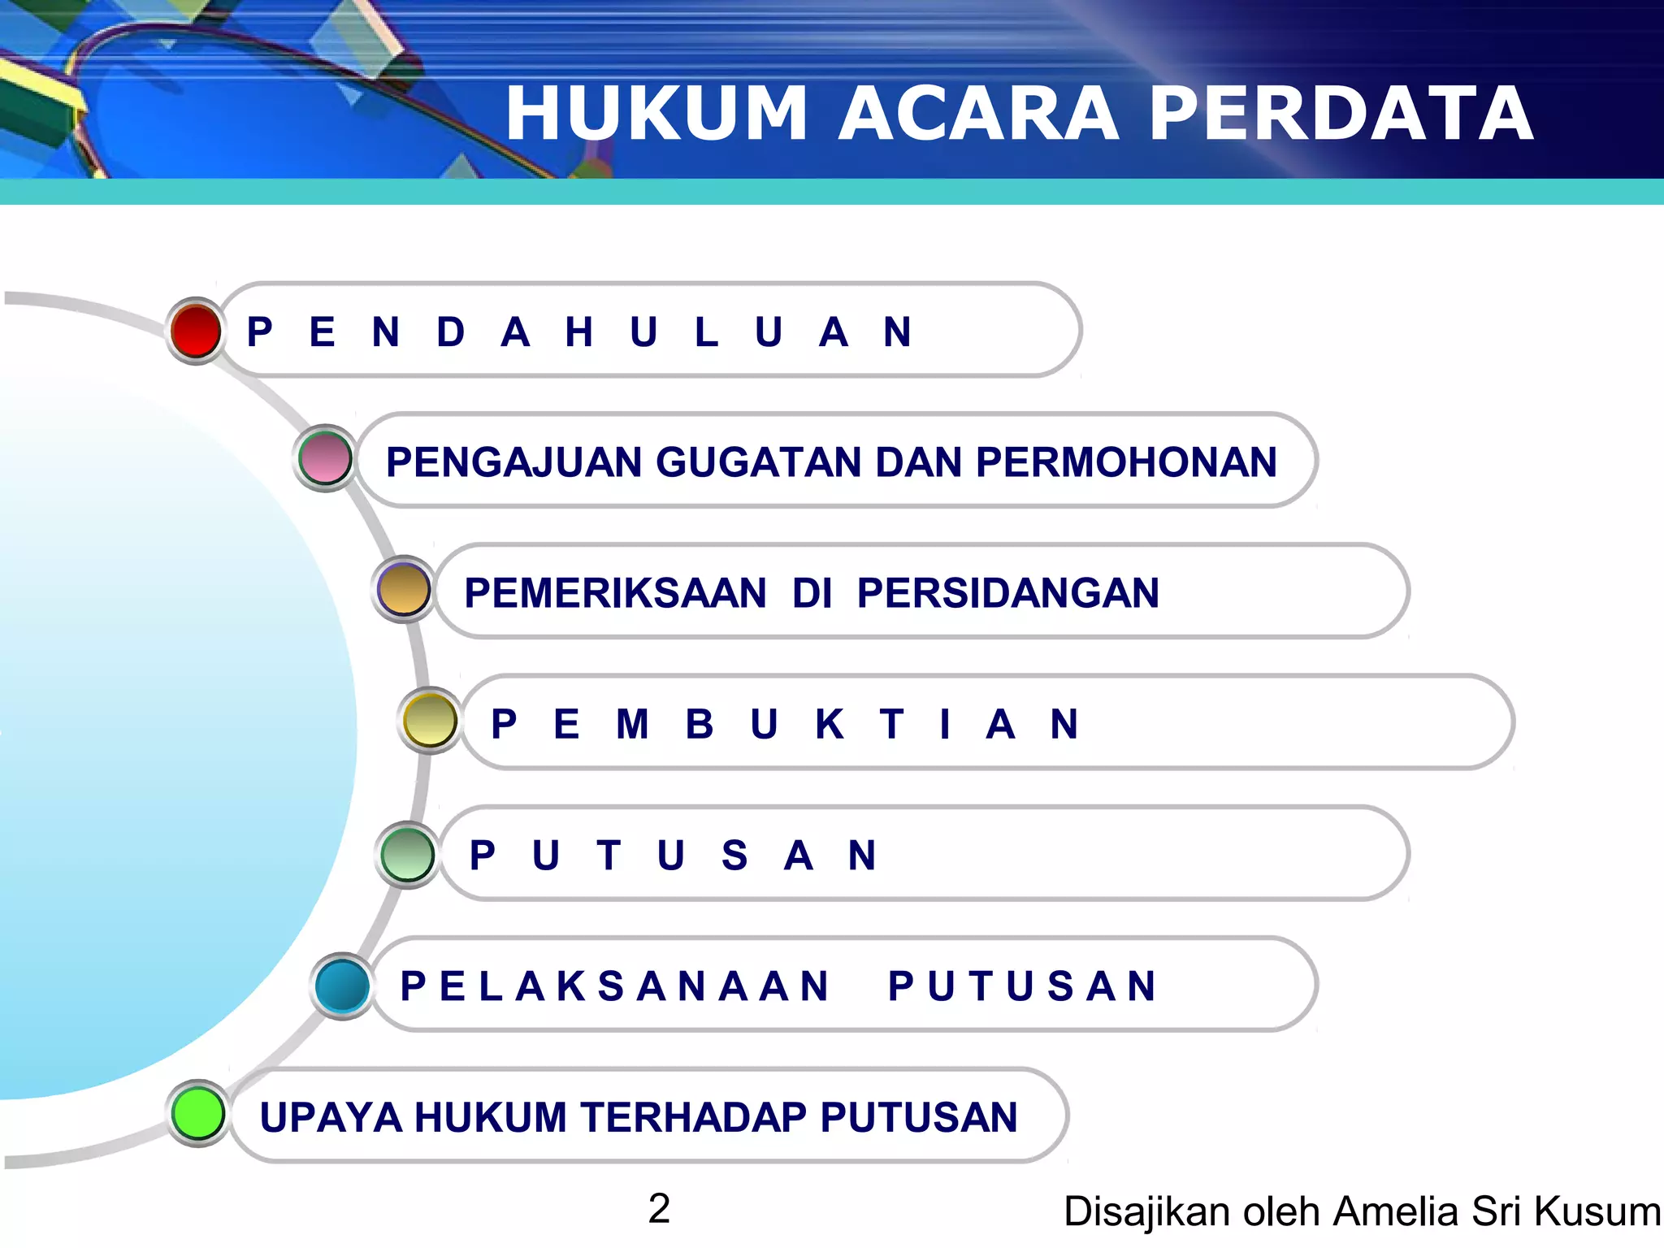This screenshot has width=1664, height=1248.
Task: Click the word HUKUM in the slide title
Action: [656, 114]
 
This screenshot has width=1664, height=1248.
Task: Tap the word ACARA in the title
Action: [978, 114]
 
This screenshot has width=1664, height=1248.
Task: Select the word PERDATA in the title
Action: [1341, 114]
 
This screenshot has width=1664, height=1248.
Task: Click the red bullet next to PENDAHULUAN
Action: [196, 331]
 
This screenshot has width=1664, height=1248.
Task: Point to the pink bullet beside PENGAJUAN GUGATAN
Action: [325, 458]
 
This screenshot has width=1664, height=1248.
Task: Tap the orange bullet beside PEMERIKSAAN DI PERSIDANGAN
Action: [404, 589]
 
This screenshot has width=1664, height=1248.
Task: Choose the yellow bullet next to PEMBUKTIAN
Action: [430, 720]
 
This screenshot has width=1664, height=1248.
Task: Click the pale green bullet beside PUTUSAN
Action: [408, 854]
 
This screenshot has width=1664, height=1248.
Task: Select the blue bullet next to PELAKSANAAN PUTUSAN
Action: [342, 986]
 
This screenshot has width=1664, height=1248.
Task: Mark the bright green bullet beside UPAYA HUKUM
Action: [199, 1113]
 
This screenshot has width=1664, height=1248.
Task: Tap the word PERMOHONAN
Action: [1126, 462]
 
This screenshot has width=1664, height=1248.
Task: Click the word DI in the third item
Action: [812, 593]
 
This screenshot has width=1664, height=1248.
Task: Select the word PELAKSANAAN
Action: [615, 986]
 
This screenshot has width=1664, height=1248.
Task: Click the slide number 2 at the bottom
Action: [659, 1208]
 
